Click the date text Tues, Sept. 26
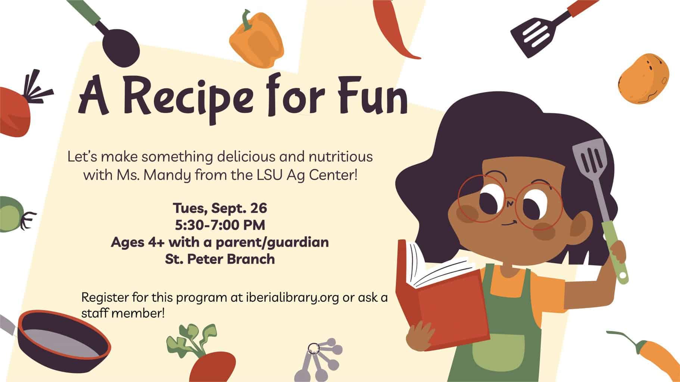[220, 209]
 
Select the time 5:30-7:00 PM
[220, 225]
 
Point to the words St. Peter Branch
[220, 259]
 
